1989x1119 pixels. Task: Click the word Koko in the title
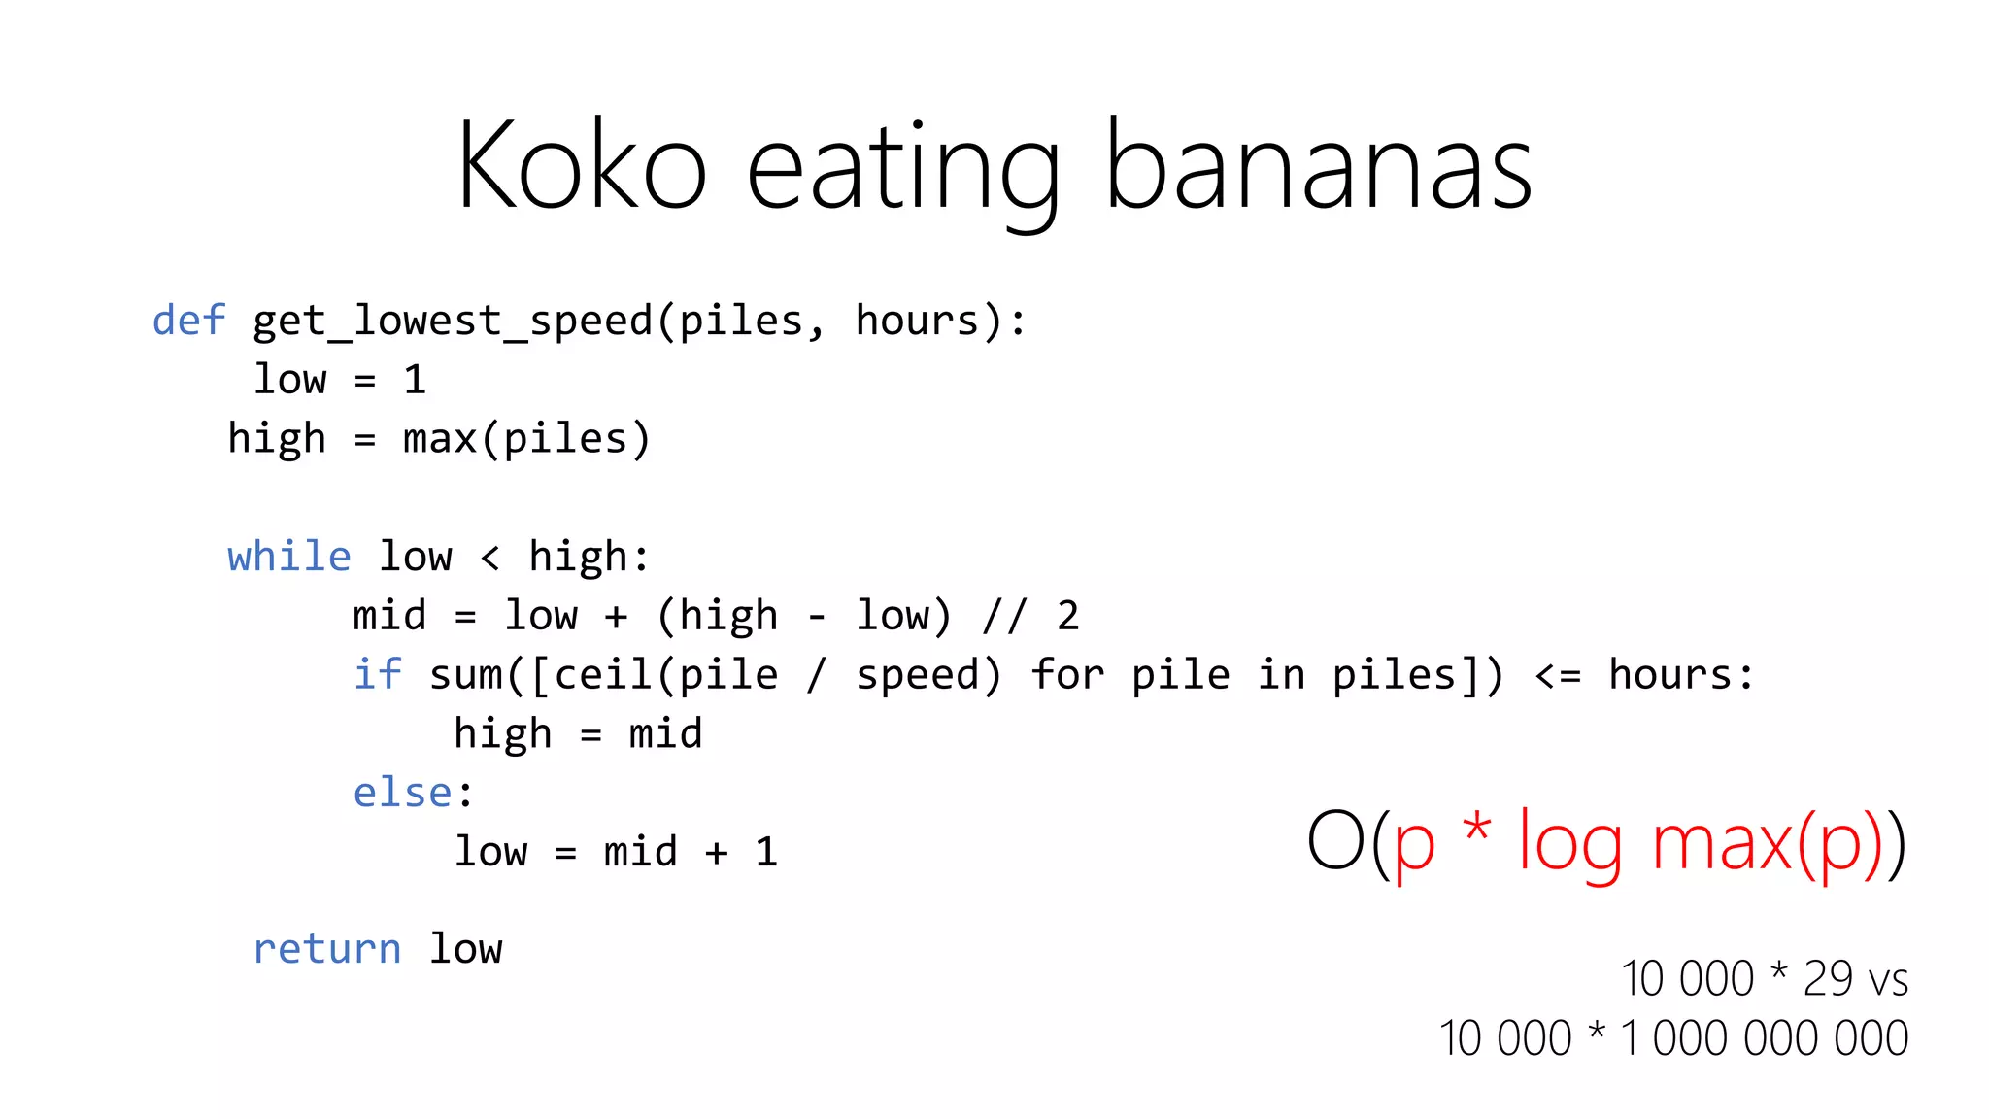[581, 165]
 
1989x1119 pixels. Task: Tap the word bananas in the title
[1318, 165]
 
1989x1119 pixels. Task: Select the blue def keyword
[188, 321]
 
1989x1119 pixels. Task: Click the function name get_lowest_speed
[453, 322]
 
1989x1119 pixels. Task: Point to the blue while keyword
[288, 557]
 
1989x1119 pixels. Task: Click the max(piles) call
[525, 439]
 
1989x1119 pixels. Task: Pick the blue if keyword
[377, 674]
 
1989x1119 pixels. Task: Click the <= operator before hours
[1558, 675]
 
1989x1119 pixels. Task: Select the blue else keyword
[402, 793]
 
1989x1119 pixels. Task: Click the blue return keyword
[326, 949]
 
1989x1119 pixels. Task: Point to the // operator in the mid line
[1003, 616]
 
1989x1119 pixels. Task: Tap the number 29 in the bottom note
[1828, 978]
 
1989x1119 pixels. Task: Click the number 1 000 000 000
[1765, 1037]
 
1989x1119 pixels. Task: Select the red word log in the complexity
[1569, 843]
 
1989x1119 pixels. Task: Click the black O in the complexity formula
[1335, 841]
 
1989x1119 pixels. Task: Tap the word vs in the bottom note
[1889, 980]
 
